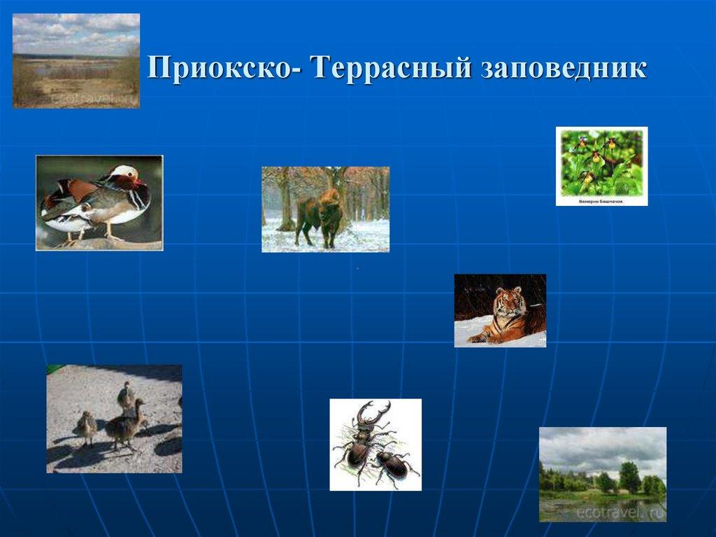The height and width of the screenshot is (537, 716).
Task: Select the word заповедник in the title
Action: (x=564, y=71)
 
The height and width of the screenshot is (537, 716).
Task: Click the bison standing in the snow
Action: (x=319, y=216)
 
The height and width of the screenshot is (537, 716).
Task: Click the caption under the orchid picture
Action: (x=601, y=200)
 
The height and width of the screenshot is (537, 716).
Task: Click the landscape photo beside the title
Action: (x=76, y=60)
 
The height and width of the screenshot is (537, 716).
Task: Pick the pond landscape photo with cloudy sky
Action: (x=602, y=474)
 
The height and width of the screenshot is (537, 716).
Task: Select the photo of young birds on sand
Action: (x=114, y=419)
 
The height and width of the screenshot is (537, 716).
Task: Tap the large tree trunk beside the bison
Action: (x=285, y=203)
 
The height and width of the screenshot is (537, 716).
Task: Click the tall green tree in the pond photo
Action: (x=629, y=476)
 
